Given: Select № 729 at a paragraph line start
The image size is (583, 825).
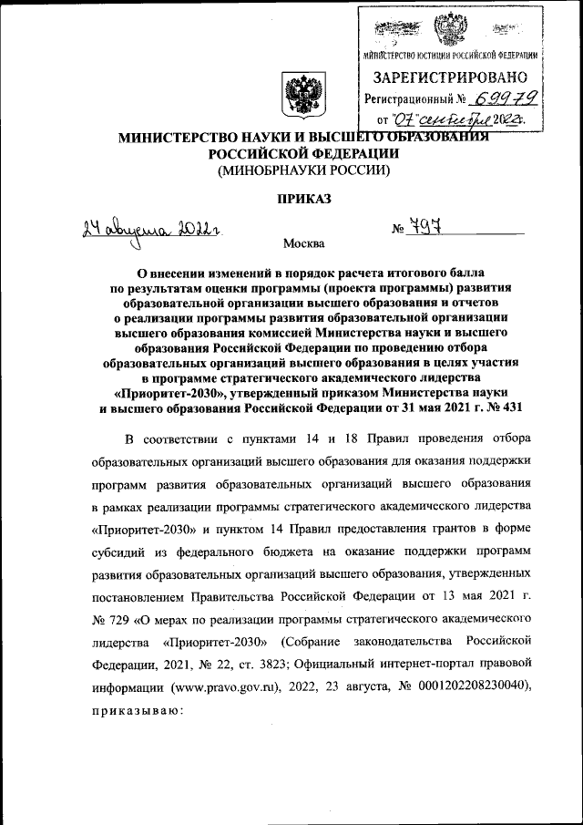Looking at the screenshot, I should (x=108, y=621).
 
